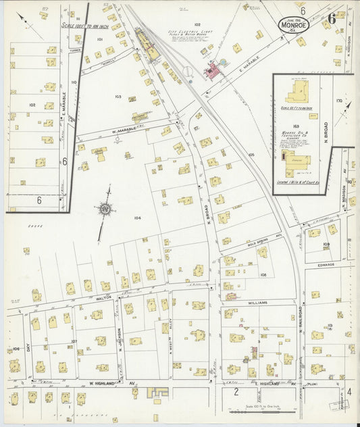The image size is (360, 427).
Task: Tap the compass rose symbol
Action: pyautogui.click(x=105, y=209)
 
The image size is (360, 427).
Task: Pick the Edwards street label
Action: pyautogui.click(x=326, y=265)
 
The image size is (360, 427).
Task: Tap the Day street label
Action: pyautogui.click(x=28, y=346)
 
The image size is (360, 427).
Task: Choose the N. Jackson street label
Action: pyautogui.click(x=119, y=338)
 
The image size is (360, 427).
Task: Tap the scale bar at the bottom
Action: pyautogui.click(x=256, y=410)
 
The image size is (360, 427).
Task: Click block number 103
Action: pyautogui.click(x=118, y=97)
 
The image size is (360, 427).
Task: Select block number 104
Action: pyautogui.click(x=137, y=218)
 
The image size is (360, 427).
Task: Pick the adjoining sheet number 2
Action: pyautogui.click(x=236, y=392)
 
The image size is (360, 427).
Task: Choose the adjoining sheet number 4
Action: pyautogui.click(x=349, y=392)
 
